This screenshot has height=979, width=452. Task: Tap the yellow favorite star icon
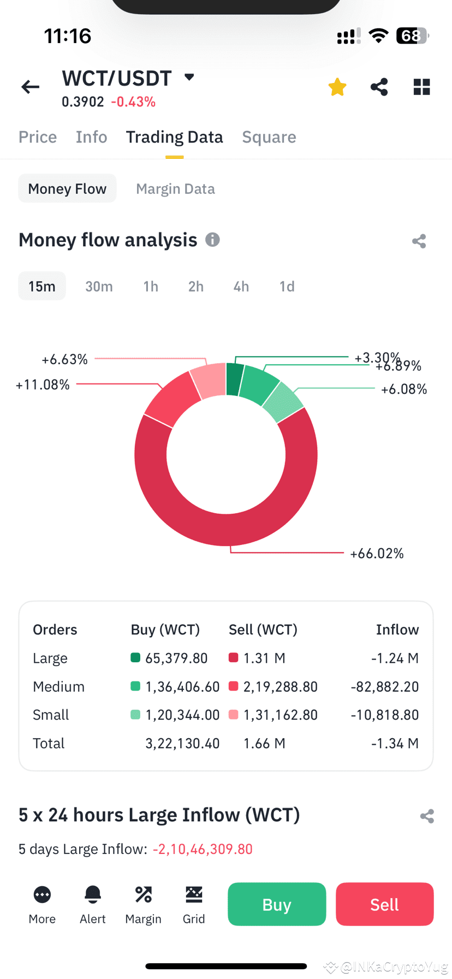[x=337, y=87]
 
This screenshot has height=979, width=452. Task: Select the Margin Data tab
[x=175, y=189]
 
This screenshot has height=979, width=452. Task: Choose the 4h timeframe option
[x=241, y=287]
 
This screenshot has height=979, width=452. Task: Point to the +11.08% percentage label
[x=43, y=385]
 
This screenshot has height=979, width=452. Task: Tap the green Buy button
[x=277, y=905]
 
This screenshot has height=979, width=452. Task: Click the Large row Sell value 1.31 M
[x=264, y=658]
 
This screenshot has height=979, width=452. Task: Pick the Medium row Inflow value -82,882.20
[x=384, y=687]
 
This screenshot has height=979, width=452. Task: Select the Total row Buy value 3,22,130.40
[x=182, y=744]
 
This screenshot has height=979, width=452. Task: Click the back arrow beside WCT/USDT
[x=31, y=87]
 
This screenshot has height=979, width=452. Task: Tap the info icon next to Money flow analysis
[x=212, y=240]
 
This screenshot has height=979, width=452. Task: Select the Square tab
[x=269, y=137]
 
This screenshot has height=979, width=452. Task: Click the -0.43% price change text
[x=133, y=102]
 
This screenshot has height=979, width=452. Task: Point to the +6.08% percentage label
[x=404, y=389]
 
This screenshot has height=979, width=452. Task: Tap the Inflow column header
[x=397, y=630]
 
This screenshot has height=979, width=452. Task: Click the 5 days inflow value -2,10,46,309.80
[x=203, y=849]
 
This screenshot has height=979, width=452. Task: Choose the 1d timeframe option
[x=287, y=287]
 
